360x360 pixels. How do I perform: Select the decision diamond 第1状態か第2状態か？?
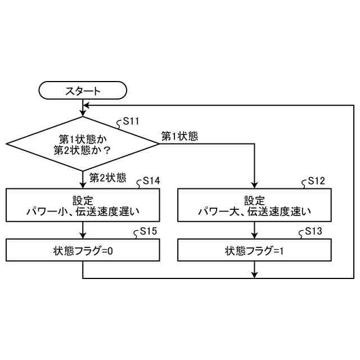83,144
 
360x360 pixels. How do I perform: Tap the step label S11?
131,121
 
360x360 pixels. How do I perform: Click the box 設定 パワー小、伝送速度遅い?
83,206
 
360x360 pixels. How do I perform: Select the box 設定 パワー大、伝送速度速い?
255,206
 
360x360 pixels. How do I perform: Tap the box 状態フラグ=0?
83,250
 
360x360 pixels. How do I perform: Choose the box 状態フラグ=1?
255,250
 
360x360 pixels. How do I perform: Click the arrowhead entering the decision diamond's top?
83,113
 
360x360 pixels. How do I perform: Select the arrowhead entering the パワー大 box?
255,185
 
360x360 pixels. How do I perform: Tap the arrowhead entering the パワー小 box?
83,185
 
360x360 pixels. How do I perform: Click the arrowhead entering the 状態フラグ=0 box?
83,235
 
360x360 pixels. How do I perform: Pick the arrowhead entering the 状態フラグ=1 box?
255,235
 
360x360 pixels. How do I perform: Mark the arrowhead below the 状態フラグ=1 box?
255,275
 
